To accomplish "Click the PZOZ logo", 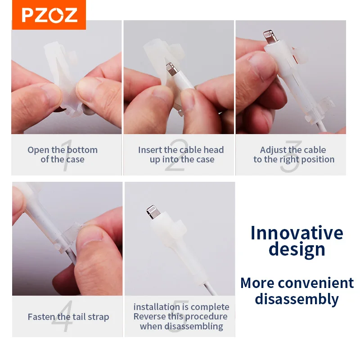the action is pyautogui.click(x=49, y=15).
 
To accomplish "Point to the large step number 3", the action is pyautogui.click(x=291, y=156).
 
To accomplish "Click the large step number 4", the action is pyautogui.click(x=63, y=316).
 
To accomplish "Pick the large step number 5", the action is pyautogui.click(x=179, y=316).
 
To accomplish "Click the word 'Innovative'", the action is pyautogui.click(x=297, y=233).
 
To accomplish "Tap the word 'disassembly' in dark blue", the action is pyautogui.click(x=297, y=299).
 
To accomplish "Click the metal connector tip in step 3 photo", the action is pyautogui.click(x=270, y=36).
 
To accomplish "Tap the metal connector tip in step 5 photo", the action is pyautogui.click(x=153, y=212).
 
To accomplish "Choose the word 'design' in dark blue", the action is pyautogui.click(x=297, y=250).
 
